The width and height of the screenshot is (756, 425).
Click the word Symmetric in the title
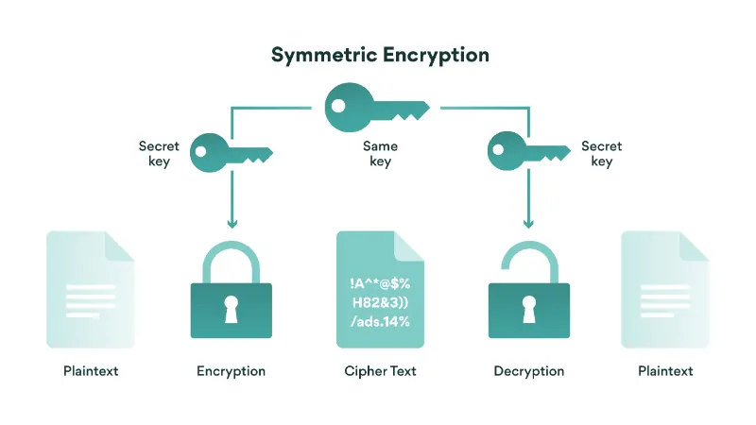(x=323, y=55)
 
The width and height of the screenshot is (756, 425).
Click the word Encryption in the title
(x=436, y=55)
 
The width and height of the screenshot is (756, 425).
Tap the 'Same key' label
(x=380, y=154)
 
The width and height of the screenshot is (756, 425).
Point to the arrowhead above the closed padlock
(x=232, y=224)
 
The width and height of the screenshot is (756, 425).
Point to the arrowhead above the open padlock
(x=527, y=224)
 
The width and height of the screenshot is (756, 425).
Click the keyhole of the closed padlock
(x=232, y=308)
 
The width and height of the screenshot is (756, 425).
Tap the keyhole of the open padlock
(x=528, y=308)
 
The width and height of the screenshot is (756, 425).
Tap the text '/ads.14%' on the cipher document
(x=380, y=321)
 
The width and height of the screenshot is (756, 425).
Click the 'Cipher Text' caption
(x=380, y=371)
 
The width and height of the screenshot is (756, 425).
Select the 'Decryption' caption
(x=528, y=371)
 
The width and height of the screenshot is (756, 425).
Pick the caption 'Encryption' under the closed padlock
(x=232, y=371)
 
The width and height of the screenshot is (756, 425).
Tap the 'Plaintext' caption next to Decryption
(x=665, y=371)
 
